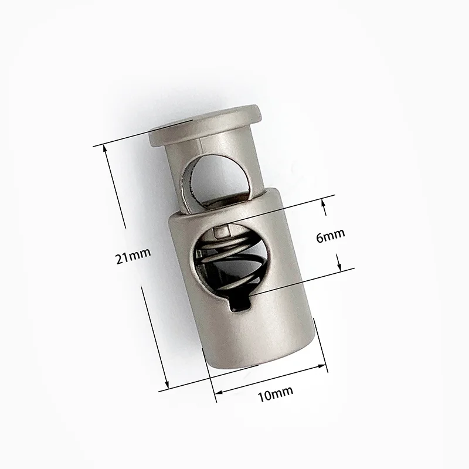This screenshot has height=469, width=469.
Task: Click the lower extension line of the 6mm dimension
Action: click(x=305, y=281)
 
